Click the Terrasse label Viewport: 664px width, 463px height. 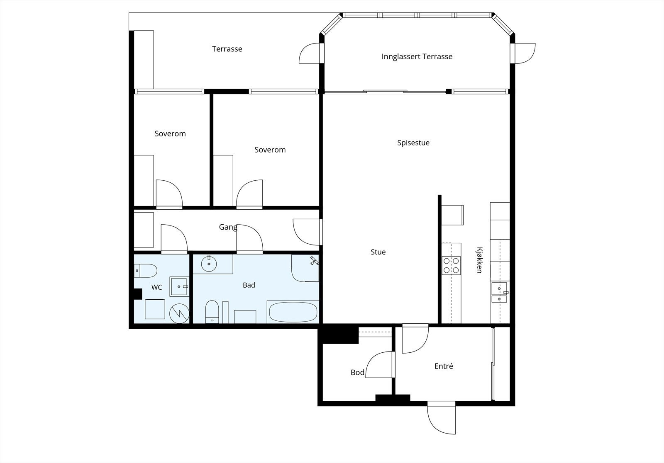pyautogui.click(x=227, y=49)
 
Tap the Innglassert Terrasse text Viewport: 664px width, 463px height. pyautogui.click(x=417, y=56)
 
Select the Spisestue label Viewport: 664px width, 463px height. pyautogui.click(x=413, y=143)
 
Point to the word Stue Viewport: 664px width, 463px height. pyautogui.click(x=378, y=252)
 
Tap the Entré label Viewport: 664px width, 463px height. pyautogui.click(x=444, y=366)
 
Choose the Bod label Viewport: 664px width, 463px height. pyautogui.click(x=357, y=372)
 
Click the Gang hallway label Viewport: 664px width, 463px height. pyautogui.click(x=228, y=227)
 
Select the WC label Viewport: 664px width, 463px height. pyautogui.click(x=156, y=287)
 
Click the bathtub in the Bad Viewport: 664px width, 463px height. pyautogui.click(x=293, y=312)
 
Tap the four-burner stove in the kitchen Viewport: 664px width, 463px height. pyautogui.click(x=451, y=266)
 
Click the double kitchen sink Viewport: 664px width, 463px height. pyautogui.click(x=500, y=293)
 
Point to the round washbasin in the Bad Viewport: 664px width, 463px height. pyautogui.click(x=209, y=264)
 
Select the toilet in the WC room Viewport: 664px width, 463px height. pyautogui.click(x=145, y=271)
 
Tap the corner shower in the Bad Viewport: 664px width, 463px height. pyautogui.click(x=305, y=268)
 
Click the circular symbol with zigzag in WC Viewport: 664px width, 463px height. pyautogui.click(x=179, y=313)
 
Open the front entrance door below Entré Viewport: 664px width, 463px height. pyautogui.click(x=442, y=418)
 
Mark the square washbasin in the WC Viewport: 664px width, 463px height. pyautogui.click(x=179, y=286)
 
